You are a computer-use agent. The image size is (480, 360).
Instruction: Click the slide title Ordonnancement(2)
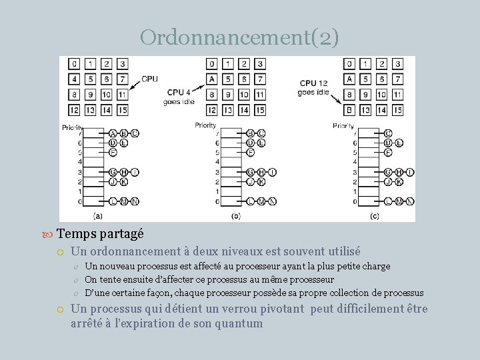click(x=239, y=37)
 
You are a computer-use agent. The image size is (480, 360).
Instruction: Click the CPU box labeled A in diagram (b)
click(x=211, y=79)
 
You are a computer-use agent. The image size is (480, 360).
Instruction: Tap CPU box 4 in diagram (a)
click(x=74, y=79)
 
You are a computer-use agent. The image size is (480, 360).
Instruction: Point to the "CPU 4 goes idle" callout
click(x=179, y=97)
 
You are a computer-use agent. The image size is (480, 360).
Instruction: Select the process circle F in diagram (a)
click(x=113, y=152)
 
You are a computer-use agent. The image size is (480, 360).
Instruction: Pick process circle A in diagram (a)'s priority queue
click(x=113, y=133)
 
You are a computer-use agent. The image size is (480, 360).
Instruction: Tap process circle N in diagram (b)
click(x=271, y=201)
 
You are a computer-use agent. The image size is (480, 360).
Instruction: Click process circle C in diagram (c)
click(x=388, y=133)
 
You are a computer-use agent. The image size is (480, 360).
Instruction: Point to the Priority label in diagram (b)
click(x=205, y=125)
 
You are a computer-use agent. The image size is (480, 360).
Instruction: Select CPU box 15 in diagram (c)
click(x=397, y=109)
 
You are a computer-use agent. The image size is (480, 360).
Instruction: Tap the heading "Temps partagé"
click(x=99, y=233)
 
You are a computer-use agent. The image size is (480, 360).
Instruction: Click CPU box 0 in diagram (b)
click(x=211, y=64)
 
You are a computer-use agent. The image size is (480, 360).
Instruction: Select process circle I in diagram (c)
click(x=409, y=172)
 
